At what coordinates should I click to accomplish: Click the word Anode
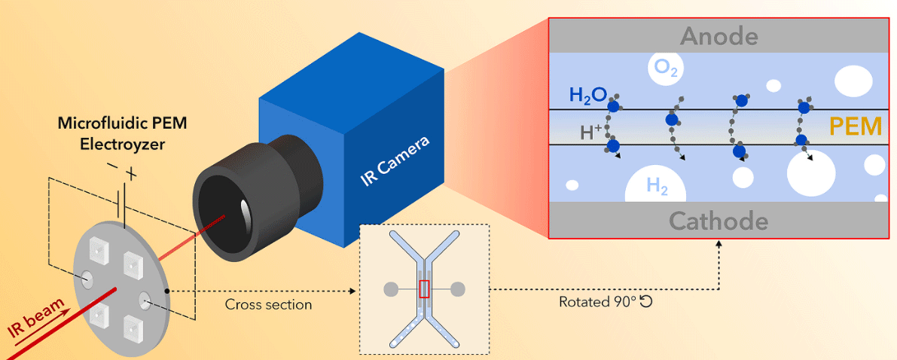[x=719, y=35]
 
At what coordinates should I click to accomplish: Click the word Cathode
[x=719, y=221]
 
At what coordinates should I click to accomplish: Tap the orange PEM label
[x=855, y=127]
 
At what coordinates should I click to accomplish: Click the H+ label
[x=592, y=133]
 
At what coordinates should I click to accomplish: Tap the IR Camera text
[x=396, y=162]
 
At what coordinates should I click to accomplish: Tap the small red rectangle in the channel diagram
[x=425, y=289]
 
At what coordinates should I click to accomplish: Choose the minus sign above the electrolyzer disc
[x=111, y=165]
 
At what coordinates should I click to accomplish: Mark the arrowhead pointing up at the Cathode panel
[x=719, y=243]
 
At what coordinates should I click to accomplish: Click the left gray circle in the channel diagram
[x=391, y=289]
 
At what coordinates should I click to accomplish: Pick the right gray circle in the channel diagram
[x=458, y=289]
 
